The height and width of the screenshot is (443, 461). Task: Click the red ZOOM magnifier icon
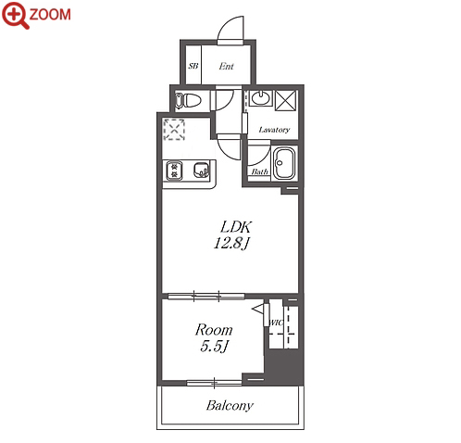point(15,15)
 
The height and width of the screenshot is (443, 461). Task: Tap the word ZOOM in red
point(50,15)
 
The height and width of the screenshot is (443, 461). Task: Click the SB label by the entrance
point(193,66)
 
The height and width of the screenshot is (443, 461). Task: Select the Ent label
point(226,66)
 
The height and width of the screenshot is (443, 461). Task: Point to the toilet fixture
point(188,100)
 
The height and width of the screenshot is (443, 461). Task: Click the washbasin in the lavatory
point(260,98)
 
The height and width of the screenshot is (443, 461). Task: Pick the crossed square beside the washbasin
point(286,100)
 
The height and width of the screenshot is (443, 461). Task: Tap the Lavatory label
point(274,130)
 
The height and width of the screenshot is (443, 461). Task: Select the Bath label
point(259,171)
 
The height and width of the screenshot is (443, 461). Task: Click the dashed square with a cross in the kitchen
point(174,130)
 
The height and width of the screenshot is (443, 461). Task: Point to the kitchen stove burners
point(174,171)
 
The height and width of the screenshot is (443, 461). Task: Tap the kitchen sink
point(201,171)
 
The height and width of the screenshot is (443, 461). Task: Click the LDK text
point(236,227)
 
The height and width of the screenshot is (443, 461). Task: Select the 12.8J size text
point(231,244)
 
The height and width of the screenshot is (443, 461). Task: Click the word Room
point(214,330)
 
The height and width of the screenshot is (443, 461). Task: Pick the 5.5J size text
point(214,347)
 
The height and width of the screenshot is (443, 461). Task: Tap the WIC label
point(276,323)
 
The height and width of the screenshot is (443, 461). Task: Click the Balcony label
point(230,405)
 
